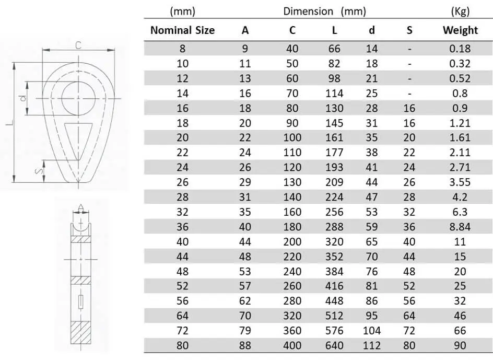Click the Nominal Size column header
(182, 30)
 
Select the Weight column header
(460, 30)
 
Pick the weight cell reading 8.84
(460, 227)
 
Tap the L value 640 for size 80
(334, 346)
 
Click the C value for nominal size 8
(292, 49)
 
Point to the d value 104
(371, 331)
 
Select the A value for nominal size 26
(245, 182)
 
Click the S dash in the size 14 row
(409, 94)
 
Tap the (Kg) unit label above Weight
(460, 11)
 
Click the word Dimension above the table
(308, 11)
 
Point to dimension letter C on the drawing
(78, 45)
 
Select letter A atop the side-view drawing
(81, 206)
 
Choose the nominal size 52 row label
(182, 286)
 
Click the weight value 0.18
(460, 49)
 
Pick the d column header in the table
(371, 30)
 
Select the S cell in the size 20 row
(409, 138)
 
